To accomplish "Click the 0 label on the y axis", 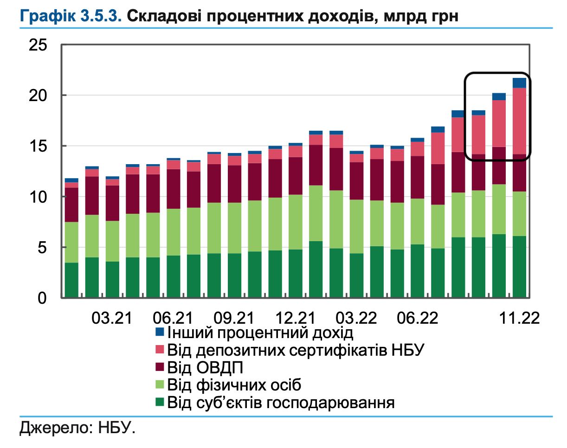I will (x=42, y=298).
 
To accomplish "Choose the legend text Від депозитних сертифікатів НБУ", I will (x=296, y=349).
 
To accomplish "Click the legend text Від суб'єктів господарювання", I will (x=281, y=402).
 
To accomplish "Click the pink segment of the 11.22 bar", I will (x=520, y=121).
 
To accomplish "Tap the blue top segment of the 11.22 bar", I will (x=520, y=83).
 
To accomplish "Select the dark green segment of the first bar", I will (x=71, y=280).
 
